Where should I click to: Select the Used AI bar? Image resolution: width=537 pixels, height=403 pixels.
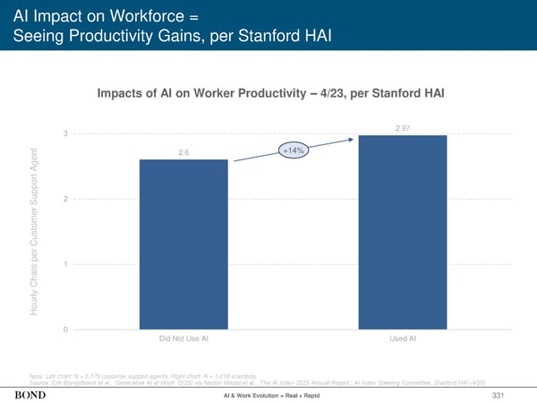click(x=403, y=233)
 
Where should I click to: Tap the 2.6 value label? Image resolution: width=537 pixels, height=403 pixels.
click(x=183, y=152)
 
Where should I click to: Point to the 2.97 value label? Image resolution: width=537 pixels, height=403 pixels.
click(x=402, y=128)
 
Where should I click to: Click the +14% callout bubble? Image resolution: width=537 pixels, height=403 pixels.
click(x=294, y=150)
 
